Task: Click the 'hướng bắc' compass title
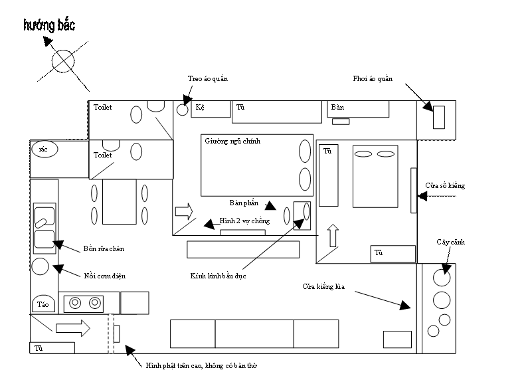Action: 49,25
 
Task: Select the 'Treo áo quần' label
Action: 208,79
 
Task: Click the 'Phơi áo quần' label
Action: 373,79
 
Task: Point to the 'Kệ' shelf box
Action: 211,109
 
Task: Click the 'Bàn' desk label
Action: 337,108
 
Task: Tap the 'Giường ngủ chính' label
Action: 232,141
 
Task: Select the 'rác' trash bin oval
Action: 44,149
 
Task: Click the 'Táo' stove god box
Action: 43,304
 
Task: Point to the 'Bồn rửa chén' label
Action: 104,249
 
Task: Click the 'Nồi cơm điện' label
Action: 105,276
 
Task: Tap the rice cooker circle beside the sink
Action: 41,266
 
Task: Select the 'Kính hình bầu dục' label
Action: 218,276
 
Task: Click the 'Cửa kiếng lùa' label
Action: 323,286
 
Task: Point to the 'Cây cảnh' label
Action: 450,242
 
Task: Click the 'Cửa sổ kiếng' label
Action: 445,185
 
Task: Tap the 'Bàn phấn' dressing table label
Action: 244,203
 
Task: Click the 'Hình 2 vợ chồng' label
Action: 244,221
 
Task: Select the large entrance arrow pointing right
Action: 73,328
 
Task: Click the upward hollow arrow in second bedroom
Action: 333,235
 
